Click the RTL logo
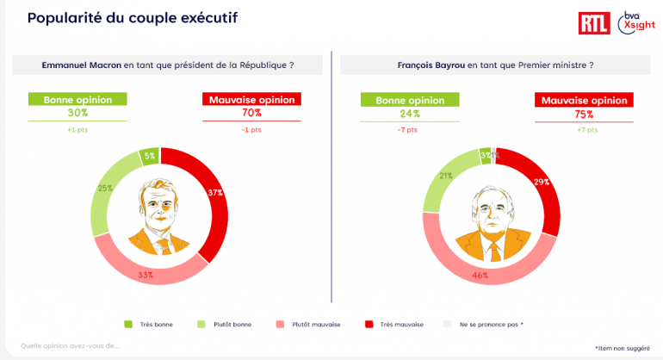[594, 23]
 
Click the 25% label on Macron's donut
[104, 187]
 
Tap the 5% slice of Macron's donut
[149, 156]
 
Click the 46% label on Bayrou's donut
[480, 276]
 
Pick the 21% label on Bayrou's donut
[446, 176]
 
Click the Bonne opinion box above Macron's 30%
[77, 99]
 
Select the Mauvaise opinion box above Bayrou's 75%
[584, 101]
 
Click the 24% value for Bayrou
[409, 114]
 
